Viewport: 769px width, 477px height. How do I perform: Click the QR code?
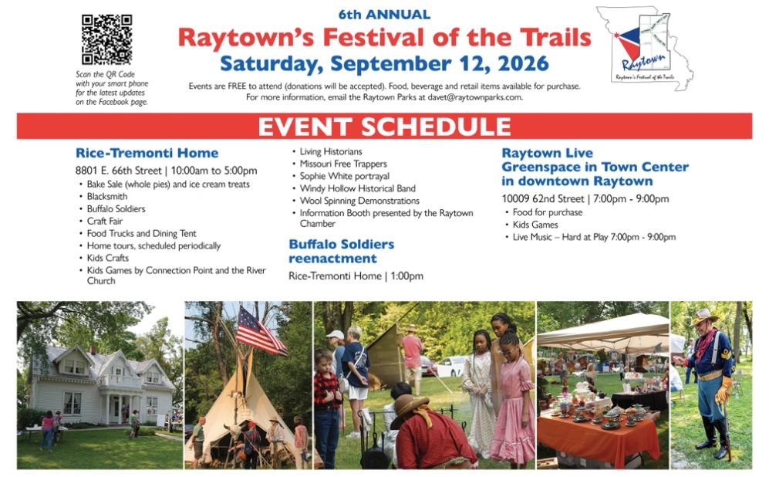[107, 40]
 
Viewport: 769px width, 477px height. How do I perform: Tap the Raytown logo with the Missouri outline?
[644, 48]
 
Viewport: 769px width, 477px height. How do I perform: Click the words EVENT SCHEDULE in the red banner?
[384, 127]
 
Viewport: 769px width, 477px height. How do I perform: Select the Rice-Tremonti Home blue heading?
[147, 153]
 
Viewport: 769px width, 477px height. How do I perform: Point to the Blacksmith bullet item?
[107, 196]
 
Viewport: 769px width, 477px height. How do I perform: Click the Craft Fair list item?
[105, 221]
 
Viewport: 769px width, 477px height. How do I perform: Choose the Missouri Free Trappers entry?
[343, 164]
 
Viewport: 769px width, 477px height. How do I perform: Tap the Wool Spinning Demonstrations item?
[359, 201]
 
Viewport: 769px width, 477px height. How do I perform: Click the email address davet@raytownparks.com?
[474, 97]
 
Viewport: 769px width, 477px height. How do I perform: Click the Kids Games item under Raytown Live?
[535, 225]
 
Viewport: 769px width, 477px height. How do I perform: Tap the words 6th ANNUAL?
[384, 15]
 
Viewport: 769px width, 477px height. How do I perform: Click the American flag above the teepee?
[260, 331]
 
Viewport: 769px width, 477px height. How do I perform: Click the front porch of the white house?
[118, 404]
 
